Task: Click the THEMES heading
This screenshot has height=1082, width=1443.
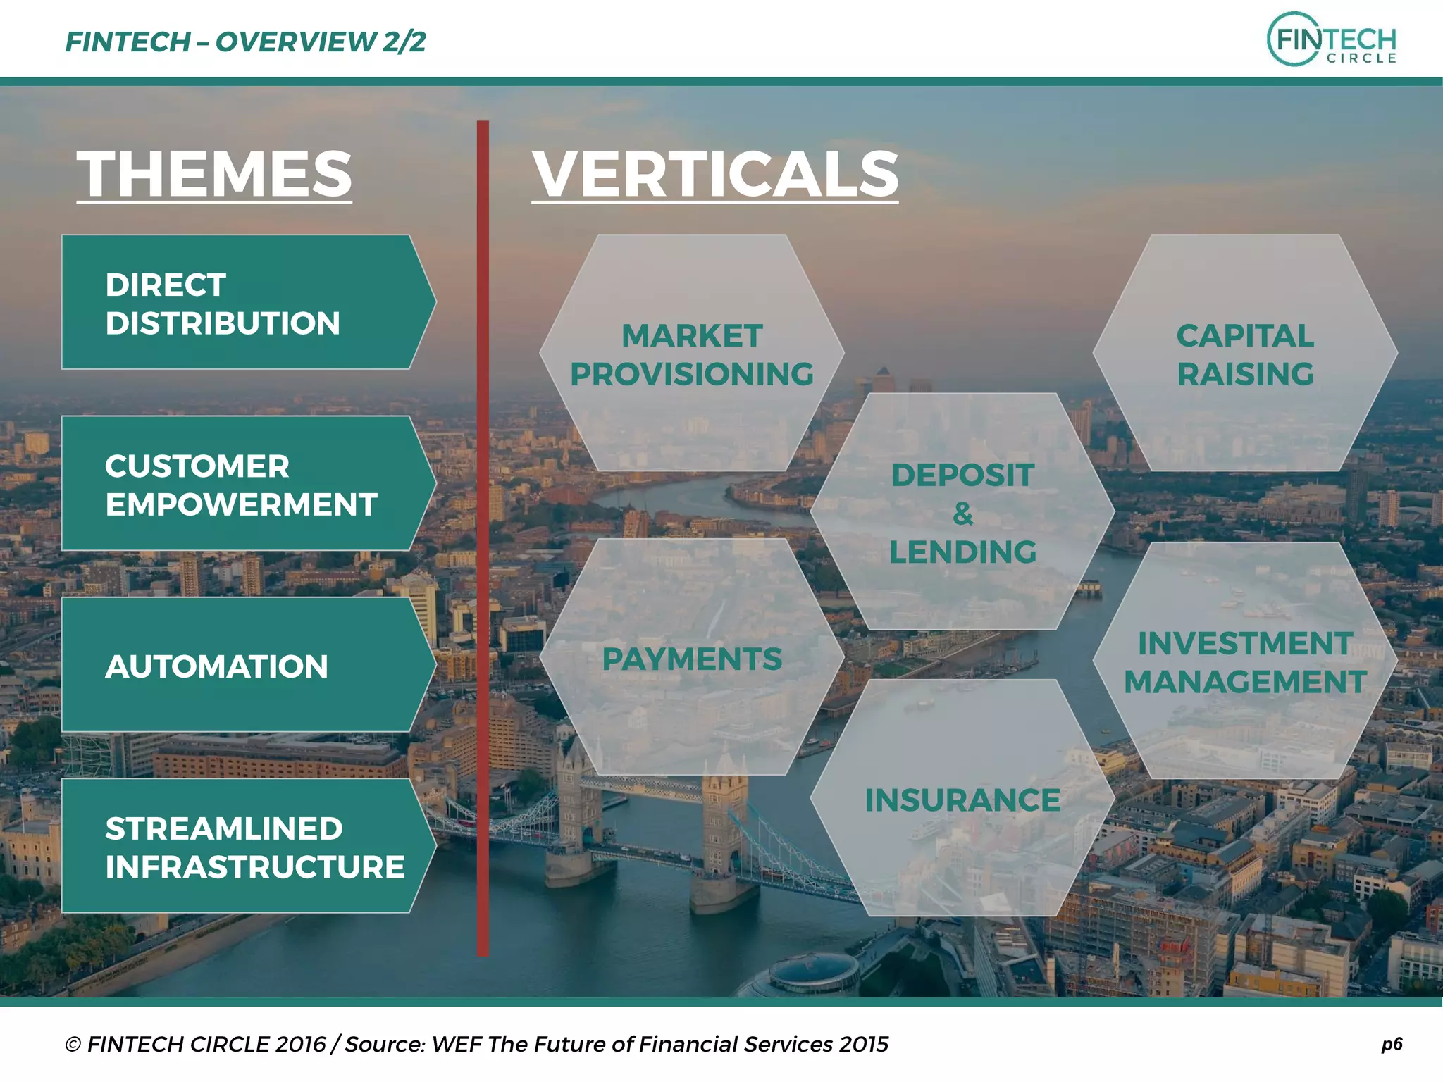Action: pos(214,174)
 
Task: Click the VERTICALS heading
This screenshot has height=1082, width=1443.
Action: pos(714,174)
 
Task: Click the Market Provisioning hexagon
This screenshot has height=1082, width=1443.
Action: pos(691,354)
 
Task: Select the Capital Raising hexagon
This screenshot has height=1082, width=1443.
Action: pos(1245,354)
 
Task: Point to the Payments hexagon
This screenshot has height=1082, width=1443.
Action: pos(691,658)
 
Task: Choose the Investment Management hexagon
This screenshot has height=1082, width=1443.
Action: pos(1245,661)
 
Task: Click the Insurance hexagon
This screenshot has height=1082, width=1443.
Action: pos(962,799)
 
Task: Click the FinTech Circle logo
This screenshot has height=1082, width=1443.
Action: pos(1331,39)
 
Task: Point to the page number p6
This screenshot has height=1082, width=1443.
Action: pos(1392,1043)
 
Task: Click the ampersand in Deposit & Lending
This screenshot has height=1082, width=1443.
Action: pos(962,514)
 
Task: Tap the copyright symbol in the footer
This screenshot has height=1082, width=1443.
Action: pos(73,1045)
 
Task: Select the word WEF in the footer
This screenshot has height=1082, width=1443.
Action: pos(456,1044)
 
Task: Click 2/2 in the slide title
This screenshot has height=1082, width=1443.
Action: pos(404,42)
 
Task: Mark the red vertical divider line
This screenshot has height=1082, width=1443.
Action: pos(483,538)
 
